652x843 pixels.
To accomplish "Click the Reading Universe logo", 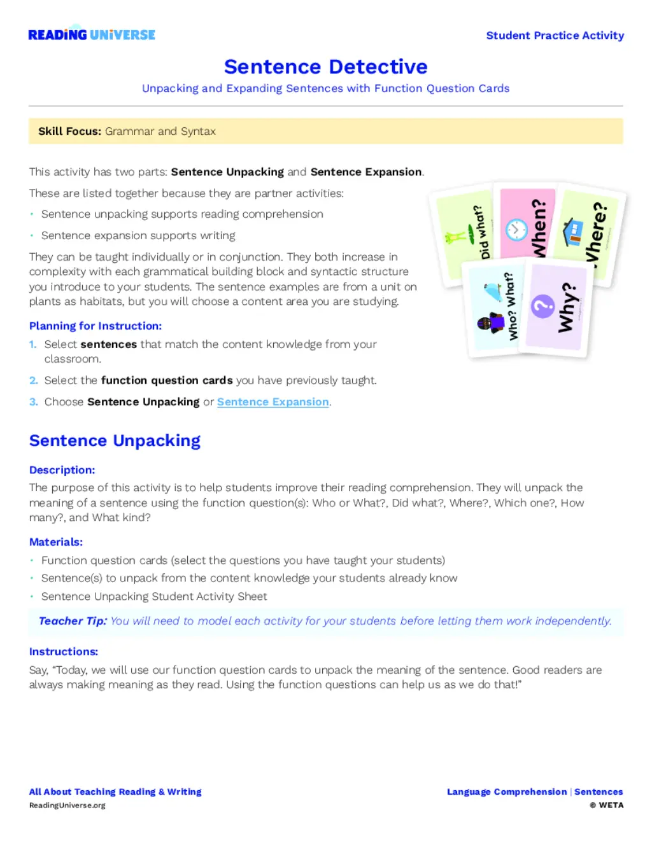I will point(92,34).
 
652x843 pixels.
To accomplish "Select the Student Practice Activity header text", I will point(555,36).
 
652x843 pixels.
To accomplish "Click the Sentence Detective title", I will point(325,66).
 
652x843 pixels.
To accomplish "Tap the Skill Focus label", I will point(69,131).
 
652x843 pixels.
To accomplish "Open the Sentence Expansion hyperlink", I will point(273,402).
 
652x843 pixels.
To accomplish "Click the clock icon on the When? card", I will point(516,230).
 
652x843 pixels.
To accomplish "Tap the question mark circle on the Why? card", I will point(543,306).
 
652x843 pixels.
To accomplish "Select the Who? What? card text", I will point(511,307).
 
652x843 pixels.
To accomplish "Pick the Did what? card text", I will point(481,233).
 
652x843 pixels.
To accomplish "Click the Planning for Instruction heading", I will point(96,326).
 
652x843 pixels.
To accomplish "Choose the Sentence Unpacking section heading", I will point(115,440).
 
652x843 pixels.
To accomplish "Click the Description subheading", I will point(62,470).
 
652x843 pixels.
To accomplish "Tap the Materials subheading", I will point(56,542).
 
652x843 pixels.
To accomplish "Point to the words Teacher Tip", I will point(73,621).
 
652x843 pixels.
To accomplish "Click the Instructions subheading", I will point(64,651).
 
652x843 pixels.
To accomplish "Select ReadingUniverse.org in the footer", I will point(67,805).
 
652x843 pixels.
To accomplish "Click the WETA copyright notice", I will point(606,805).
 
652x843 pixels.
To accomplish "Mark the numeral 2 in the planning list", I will point(34,380).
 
